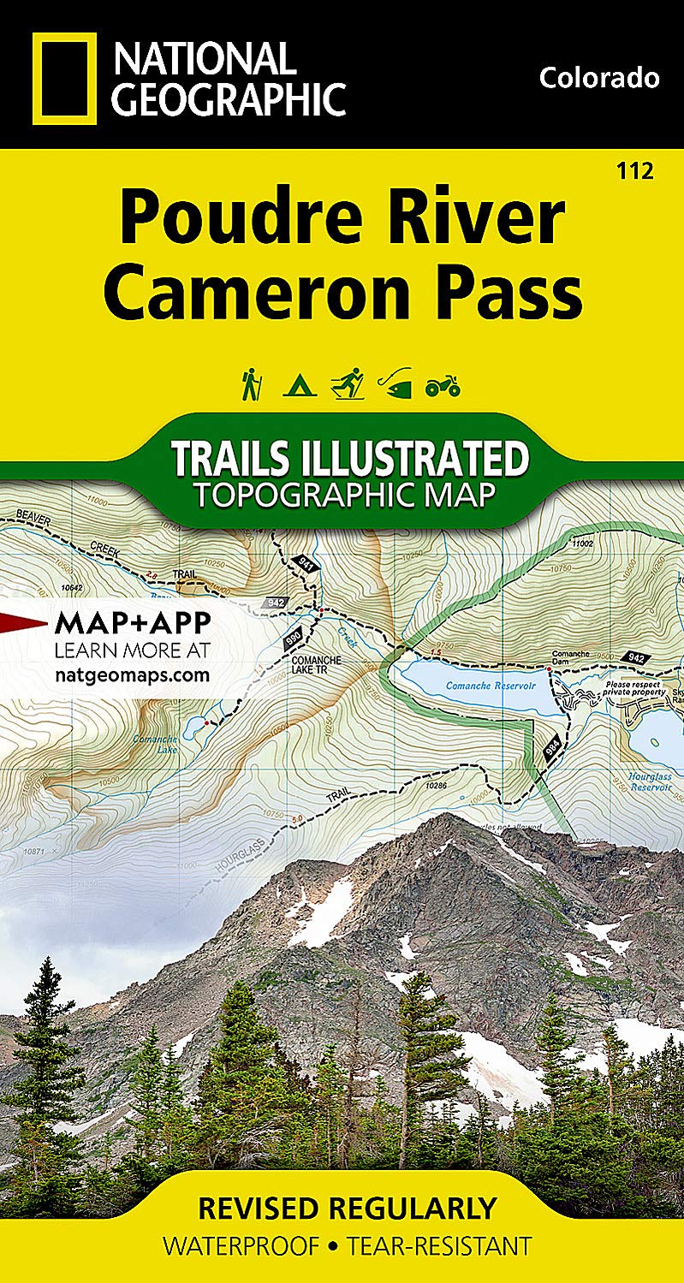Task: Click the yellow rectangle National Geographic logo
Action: [x=65, y=79]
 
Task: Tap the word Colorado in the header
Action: [x=599, y=78]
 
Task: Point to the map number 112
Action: [x=634, y=171]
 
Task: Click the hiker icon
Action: [x=251, y=384]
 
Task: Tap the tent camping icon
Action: [x=300, y=386]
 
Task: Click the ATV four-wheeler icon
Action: [x=443, y=386]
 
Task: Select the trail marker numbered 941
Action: [x=305, y=563]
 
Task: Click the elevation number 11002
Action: [x=583, y=543]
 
